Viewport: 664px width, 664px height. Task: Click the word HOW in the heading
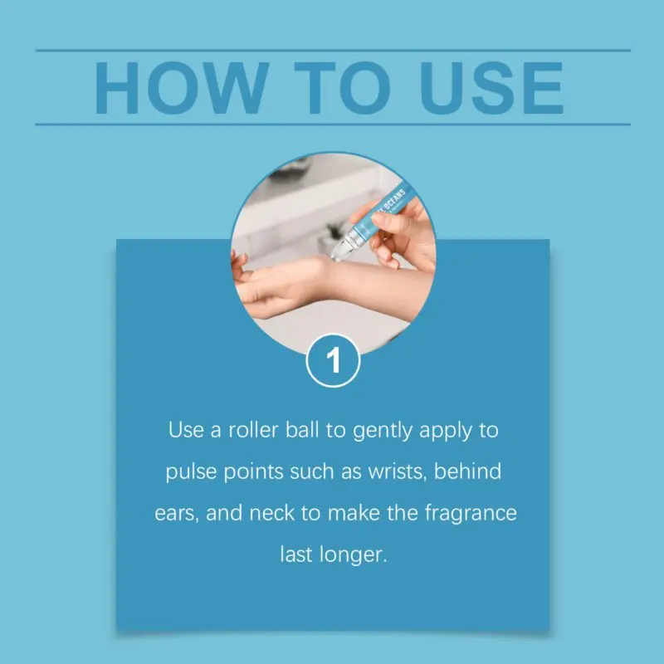tap(182, 88)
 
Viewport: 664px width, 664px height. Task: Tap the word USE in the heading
tap(491, 88)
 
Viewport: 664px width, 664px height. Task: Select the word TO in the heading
tap(342, 88)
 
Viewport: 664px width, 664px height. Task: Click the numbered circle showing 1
tap(334, 361)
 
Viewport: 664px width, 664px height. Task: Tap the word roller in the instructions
tap(253, 430)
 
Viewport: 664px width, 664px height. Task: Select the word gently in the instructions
tap(383, 432)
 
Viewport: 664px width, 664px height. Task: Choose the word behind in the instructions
tap(467, 471)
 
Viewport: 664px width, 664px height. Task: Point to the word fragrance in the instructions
tap(471, 514)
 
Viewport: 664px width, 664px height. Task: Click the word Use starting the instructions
tap(186, 430)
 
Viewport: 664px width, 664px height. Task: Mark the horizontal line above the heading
tap(334, 51)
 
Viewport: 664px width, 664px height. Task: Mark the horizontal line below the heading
tap(334, 124)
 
